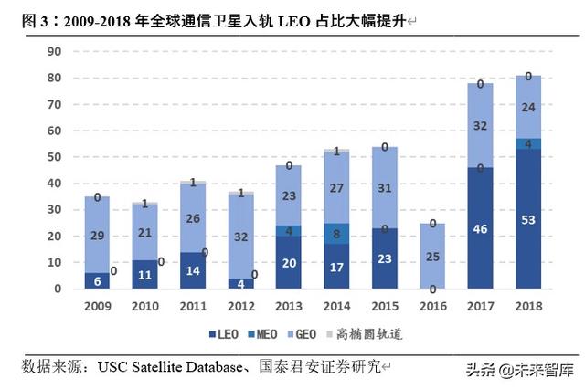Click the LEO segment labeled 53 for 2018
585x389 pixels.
[527, 219]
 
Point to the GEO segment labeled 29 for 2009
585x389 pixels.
[97, 235]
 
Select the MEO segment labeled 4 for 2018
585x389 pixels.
[527, 143]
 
